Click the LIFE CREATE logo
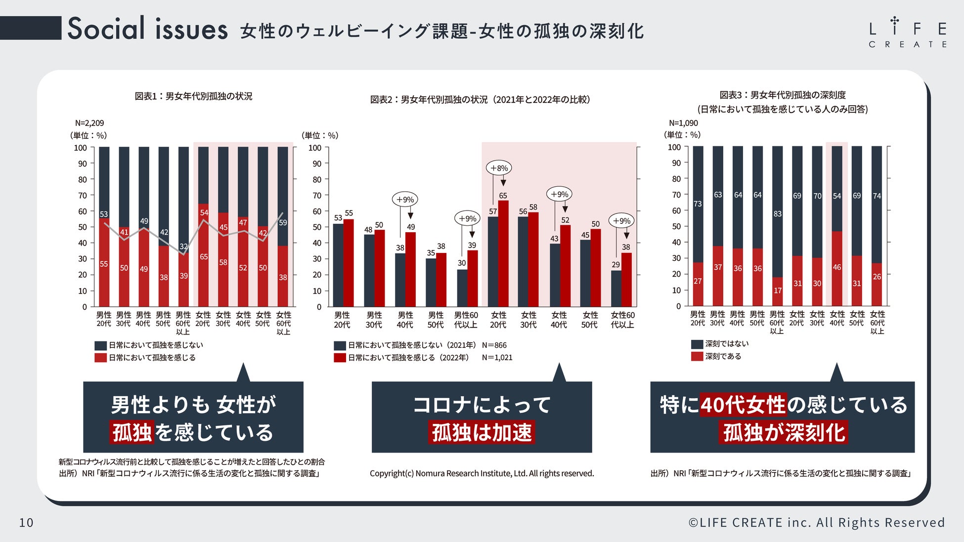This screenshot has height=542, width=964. (907, 33)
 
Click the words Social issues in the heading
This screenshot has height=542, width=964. (147, 29)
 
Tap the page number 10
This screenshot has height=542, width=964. (26, 522)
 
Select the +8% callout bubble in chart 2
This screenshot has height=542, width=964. (499, 168)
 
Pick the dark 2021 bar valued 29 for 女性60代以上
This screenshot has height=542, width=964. (616, 289)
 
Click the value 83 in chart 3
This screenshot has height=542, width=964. (777, 214)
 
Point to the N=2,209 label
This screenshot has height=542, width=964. (89, 123)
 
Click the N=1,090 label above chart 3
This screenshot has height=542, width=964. (683, 123)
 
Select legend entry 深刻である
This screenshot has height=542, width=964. (723, 356)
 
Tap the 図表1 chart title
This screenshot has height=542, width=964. (193, 96)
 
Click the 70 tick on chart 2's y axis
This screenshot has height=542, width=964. (317, 195)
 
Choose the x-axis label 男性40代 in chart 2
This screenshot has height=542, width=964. (405, 320)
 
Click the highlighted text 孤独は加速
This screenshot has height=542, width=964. (482, 433)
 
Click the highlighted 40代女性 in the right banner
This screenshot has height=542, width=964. (743, 405)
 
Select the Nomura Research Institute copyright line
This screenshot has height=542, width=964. (482, 473)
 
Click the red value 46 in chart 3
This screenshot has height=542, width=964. (836, 267)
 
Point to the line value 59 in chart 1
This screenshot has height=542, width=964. (283, 223)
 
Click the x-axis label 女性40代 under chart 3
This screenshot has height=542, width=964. (836, 318)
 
